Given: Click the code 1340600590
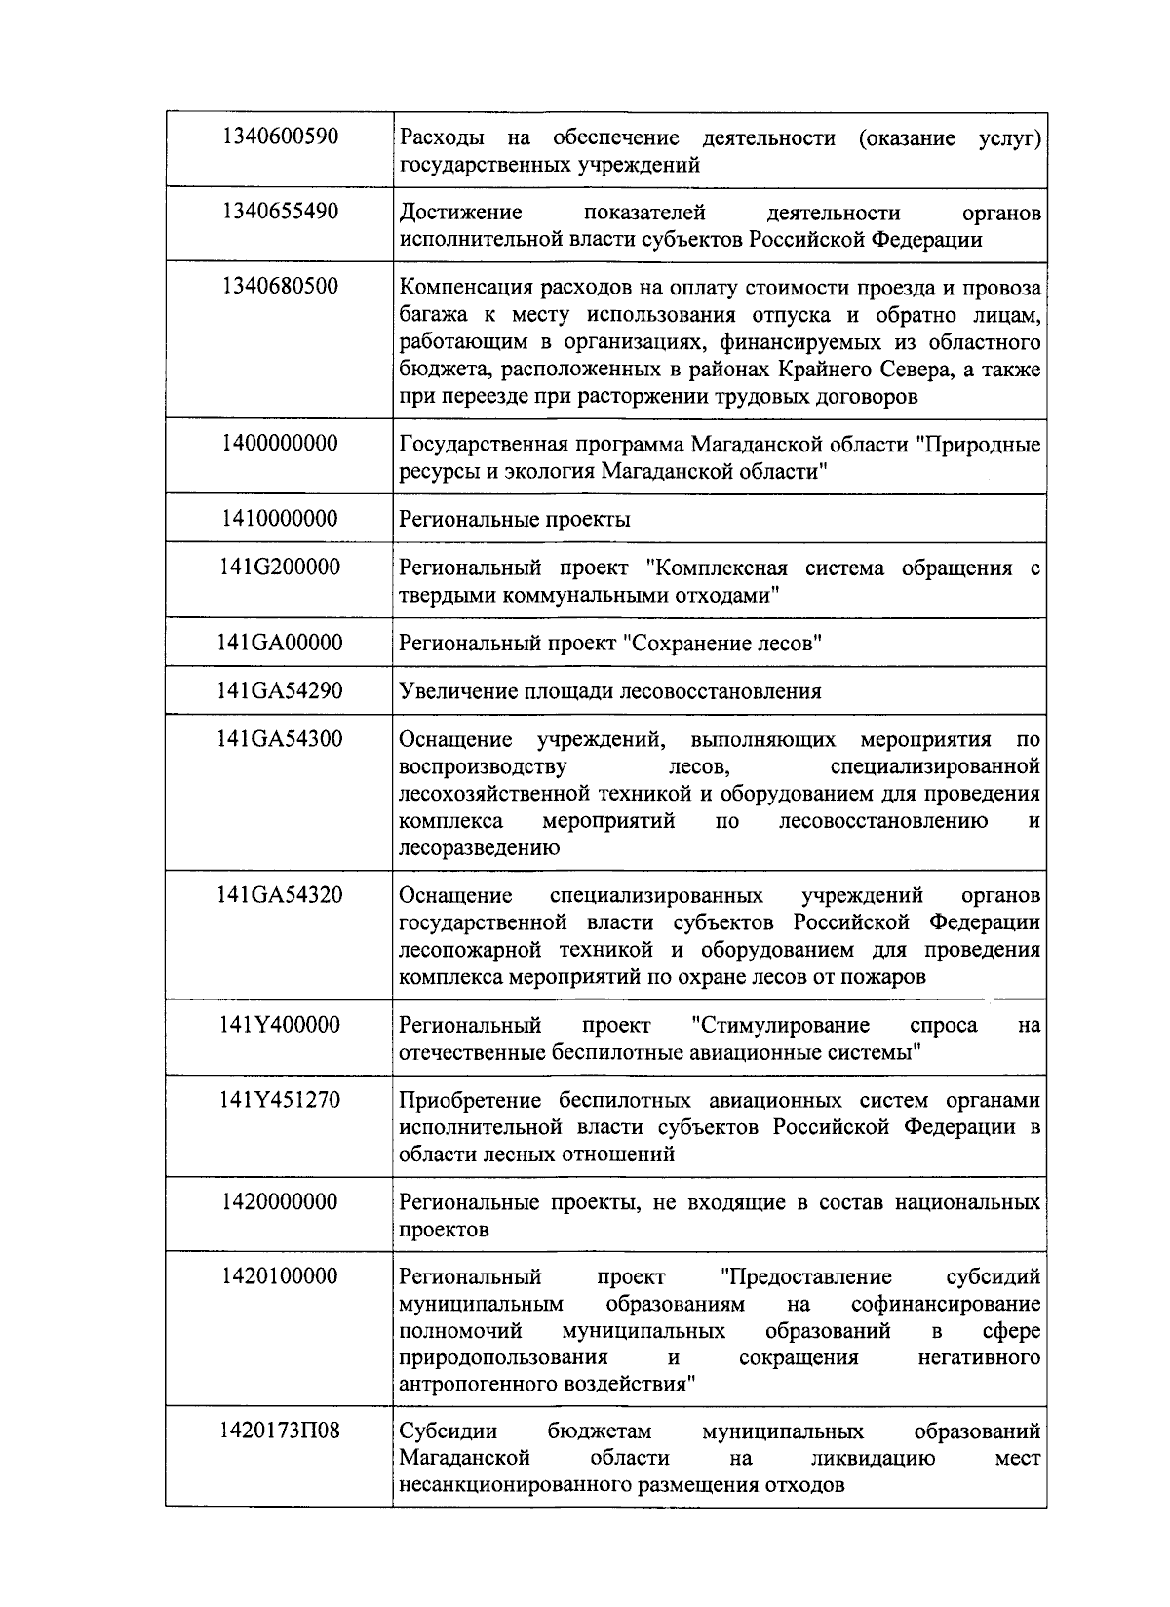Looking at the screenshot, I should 280,137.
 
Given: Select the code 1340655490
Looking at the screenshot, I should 280,212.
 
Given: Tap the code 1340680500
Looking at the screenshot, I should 280,287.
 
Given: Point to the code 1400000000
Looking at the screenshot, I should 280,444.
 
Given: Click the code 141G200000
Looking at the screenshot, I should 280,568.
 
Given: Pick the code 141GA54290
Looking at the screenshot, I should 280,691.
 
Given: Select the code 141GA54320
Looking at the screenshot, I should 280,895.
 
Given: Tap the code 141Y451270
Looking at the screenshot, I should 280,1100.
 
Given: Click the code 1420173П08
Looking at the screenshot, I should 280,1431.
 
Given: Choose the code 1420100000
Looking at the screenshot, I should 280,1276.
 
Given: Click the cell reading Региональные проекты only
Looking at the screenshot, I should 515,519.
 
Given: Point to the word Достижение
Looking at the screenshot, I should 461,213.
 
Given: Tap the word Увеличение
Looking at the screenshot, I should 456,692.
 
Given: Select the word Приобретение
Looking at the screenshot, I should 470,1101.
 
